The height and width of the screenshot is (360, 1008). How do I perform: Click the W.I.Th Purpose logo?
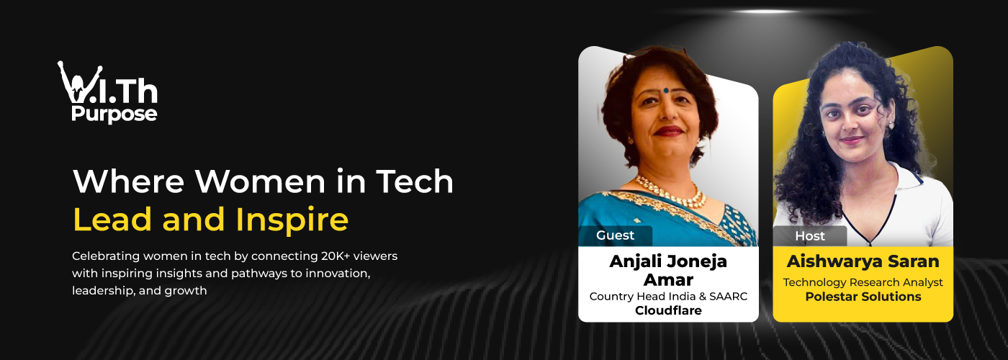(x=108, y=92)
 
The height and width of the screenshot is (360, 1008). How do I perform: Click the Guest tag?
(x=615, y=235)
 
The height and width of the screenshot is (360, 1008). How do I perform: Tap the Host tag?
(x=810, y=235)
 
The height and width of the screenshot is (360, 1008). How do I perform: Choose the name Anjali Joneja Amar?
(x=667, y=270)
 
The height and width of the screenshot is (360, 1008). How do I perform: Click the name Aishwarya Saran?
(x=863, y=261)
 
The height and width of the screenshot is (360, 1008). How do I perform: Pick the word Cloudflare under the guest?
(x=667, y=311)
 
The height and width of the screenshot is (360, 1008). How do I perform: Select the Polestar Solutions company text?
(x=863, y=297)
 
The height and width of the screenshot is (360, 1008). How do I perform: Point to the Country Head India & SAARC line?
(x=667, y=297)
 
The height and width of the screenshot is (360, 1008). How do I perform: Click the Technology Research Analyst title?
(x=863, y=282)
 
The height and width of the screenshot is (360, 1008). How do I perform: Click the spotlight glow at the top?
(x=766, y=12)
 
